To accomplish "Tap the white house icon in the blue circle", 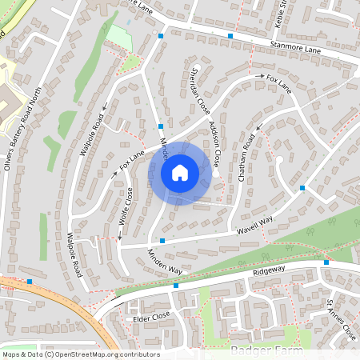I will click(x=180, y=171).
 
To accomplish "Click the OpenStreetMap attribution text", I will click(x=81, y=354).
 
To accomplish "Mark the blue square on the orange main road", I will click(x=30, y=282).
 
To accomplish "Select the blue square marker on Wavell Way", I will click(x=162, y=241).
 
